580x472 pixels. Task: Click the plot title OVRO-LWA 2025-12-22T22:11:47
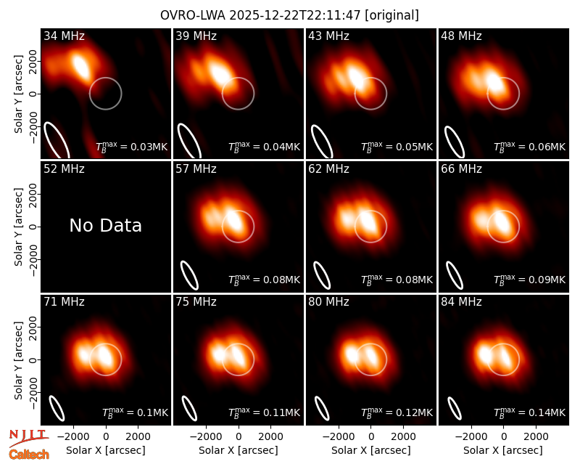(261, 15)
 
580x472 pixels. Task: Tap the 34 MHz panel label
(64, 36)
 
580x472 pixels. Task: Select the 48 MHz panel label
(461, 36)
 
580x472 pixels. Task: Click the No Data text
(106, 225)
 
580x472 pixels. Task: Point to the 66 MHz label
(461, 169)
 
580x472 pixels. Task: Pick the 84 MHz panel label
(461, 302)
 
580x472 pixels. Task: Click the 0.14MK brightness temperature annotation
(530, 412)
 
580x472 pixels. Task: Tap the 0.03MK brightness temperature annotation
(132, 147)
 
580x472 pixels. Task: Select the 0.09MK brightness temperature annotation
(530, 279)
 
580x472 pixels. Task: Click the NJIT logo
(28, 438)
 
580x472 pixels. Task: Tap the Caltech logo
(29, 455)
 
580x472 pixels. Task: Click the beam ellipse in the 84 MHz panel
(455, 408)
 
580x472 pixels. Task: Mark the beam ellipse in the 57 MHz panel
(190, 275)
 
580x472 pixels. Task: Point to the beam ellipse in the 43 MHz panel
(322, 142)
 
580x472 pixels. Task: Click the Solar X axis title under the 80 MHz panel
(371, 450)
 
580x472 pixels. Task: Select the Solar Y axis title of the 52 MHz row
(19, 227)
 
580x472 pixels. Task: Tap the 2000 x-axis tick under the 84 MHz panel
(536, 437)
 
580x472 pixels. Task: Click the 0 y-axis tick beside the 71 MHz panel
(34, 359)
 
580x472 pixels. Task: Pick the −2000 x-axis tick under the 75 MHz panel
(203, 437)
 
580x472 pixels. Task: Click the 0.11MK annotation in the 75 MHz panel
(264, 412)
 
